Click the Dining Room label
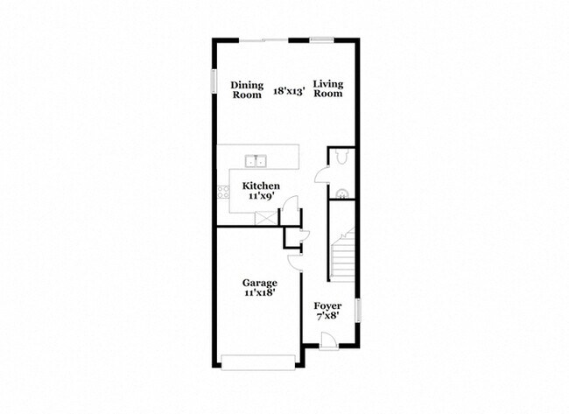tap(247, 90)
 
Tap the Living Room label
tap(328, 89)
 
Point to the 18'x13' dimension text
tap(289, 91)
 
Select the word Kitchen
tap(261, 186)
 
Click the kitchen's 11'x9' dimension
tap(261, 196)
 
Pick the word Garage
tap(260, 283)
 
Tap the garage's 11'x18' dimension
tap(260, 293)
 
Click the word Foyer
tap(327, 305)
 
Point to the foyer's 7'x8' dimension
tap(327, 316)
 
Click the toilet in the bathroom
tap(342, 156)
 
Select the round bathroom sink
tap(341, 194)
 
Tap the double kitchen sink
tap(256, 160)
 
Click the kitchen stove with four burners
tap(223, 192)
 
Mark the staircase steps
tap(343, 256)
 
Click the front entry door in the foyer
tap(329, 341)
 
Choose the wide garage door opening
tap(258, 363)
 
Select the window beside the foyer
tap(358, 310)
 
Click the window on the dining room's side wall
tap(214, 81)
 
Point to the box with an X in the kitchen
tap(266, 219)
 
